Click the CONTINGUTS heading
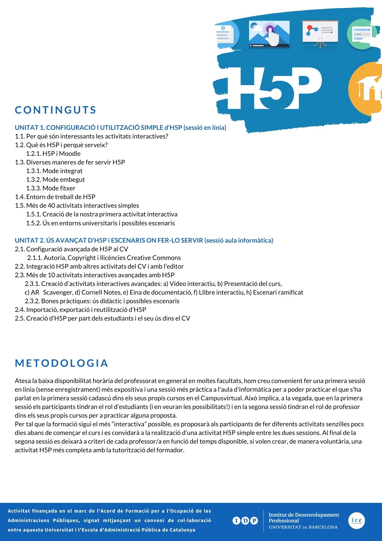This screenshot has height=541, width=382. [55, 110]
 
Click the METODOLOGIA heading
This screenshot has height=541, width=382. [62, 363]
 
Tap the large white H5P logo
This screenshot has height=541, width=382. [274, 88]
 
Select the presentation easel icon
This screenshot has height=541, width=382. [320, 34]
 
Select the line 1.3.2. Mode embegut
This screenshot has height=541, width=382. [55, 180]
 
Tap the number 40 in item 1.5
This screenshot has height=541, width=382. [51, 206]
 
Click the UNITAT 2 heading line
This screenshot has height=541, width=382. [144, 240]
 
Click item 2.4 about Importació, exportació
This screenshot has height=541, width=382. [81, 310]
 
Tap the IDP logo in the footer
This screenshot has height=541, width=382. [245, 520]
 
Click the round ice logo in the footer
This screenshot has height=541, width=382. [357, 520]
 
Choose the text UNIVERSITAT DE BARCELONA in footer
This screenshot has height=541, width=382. [303, 527]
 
